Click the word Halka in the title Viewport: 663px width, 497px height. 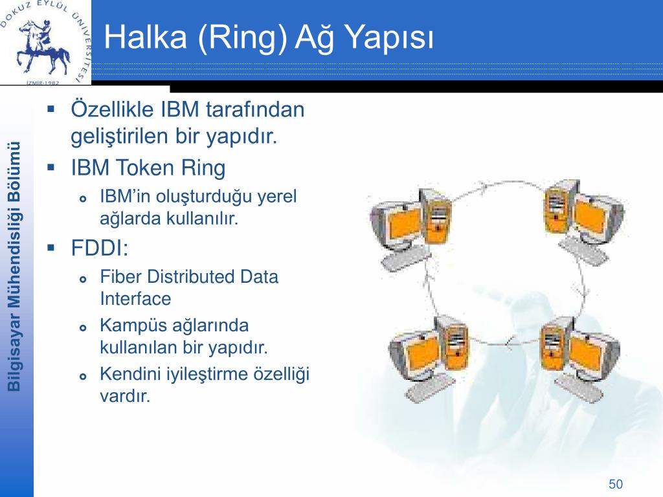146,37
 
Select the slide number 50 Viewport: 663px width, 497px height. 616,484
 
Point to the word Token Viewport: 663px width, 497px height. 144,168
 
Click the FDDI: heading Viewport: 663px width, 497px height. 99,248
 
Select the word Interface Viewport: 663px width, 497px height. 135,299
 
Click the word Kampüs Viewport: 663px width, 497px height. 131,326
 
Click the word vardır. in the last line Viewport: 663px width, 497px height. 125,396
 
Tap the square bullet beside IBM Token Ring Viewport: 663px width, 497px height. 51,168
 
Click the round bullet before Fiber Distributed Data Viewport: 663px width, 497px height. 83,279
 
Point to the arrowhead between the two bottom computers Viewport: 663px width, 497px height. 510,340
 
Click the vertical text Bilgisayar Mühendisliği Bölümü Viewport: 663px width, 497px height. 14,267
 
